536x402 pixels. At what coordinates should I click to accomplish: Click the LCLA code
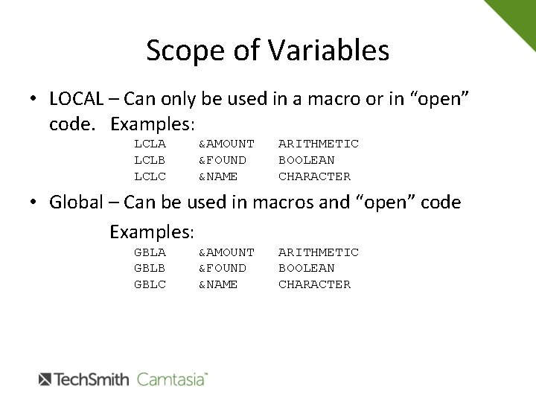tap(149, 143)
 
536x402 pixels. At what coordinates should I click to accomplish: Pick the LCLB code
tap(149, 159)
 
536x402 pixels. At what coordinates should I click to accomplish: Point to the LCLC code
tap(149, 176)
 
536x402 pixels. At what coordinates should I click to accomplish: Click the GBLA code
tap(149, 252)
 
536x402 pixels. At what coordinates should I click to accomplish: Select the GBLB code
tap(149, 267)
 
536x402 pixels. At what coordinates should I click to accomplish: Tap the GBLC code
tap(149, 284)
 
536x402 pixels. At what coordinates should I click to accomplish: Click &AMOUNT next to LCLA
tap(226, 143)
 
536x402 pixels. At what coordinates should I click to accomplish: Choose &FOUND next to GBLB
tap(223, 267)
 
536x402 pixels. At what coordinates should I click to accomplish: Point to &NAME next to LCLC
tap(218, 176)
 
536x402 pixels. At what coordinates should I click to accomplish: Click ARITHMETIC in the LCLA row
tap(318, 143)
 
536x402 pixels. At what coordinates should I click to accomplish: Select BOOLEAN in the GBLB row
tap(306, 267)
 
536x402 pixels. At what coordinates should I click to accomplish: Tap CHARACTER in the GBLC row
tap(314, 284)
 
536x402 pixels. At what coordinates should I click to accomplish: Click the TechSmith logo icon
tap(44, 379)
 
